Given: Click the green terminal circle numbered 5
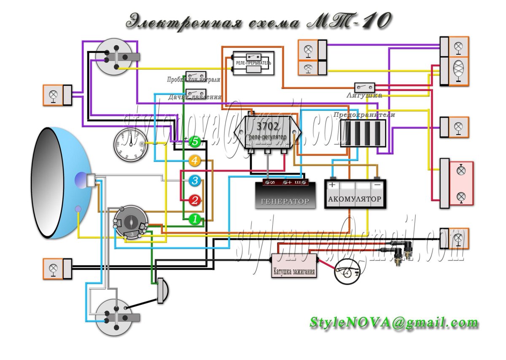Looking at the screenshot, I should pos(194,142).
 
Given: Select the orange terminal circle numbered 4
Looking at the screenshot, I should pos(194,161).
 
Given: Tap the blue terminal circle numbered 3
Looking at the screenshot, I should pos(194,181).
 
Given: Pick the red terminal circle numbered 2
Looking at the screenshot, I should pos(194,200).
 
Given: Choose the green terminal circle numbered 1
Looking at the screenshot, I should pos(194,219).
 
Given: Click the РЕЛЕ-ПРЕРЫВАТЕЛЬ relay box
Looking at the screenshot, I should pos(253,63).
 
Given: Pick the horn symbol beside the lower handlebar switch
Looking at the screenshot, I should pos(162,290).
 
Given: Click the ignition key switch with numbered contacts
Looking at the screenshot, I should pos(131,223).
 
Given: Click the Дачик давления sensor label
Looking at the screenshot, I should pos(194,97).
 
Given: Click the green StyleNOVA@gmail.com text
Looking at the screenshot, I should pos(394,323).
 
